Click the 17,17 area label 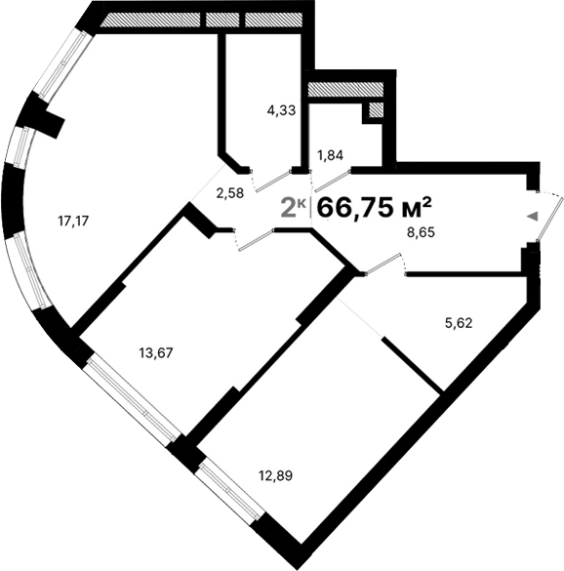(73, 221)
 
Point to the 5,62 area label (458, 324)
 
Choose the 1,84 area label (330, 155)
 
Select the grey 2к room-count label (294, 207)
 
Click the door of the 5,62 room (384, 261)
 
